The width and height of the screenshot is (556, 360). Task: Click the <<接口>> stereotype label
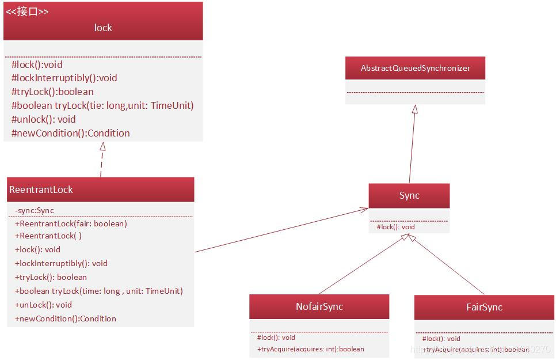coord(27,12)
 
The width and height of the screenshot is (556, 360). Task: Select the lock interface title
coord(103,28)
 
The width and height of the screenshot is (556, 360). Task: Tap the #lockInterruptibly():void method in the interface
coord(64,78)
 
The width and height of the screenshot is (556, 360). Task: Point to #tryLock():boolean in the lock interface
coord(52,92)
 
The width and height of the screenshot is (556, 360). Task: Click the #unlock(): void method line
coord(44,119)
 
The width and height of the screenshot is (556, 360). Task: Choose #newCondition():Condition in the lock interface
coord(71,133)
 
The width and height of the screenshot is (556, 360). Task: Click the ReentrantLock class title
coord(41,190)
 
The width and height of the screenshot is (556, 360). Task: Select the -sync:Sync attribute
coord(35,210)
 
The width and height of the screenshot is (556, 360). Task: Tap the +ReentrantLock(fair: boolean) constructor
coord(71,223)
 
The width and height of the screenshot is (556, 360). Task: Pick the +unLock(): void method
coord(43,305)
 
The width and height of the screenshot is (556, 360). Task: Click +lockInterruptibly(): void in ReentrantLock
coord(61,263)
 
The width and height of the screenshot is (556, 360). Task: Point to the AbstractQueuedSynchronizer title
coord(416,68)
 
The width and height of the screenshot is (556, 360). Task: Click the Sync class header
coord(409,196)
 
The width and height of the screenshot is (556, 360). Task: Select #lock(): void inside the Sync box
coord(396,227)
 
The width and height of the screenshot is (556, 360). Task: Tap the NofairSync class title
coord(319,306)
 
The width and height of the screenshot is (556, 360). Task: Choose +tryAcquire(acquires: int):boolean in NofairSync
coord(311,349)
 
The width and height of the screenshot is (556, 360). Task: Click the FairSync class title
coord(484,307)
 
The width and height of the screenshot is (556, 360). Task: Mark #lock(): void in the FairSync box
coord(441,339)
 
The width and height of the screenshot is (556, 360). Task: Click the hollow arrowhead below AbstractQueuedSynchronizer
coord(415,109)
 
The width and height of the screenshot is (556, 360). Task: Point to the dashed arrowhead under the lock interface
coord(102,146)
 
